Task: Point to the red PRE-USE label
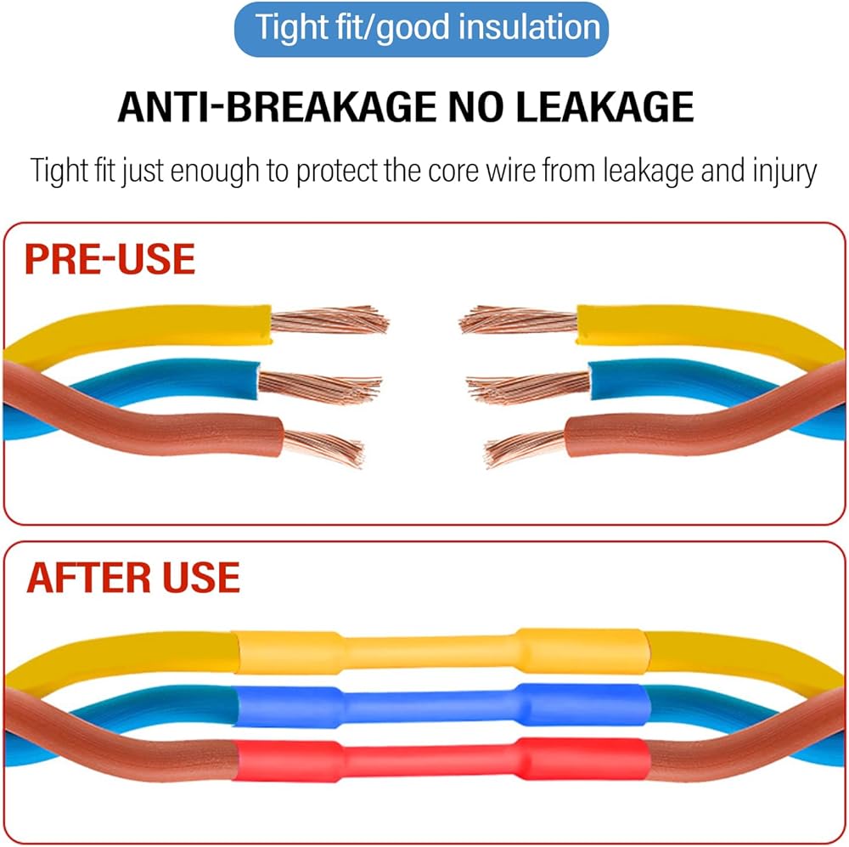click(110, 259)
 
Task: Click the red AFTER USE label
click(133, 577)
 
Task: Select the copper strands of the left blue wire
click(319, 387)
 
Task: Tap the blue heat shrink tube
click(441, 703)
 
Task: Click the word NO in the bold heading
click(487, 107)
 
